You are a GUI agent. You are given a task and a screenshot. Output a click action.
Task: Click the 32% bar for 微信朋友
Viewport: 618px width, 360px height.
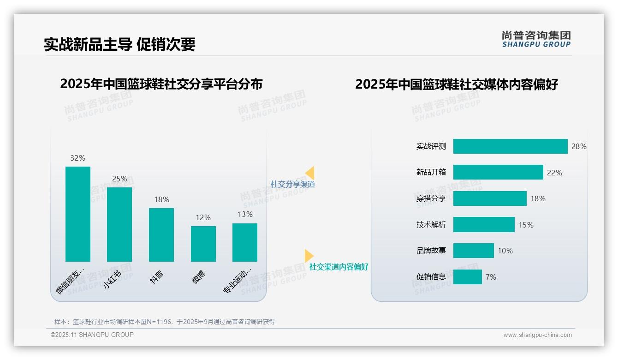(x=78, y=214)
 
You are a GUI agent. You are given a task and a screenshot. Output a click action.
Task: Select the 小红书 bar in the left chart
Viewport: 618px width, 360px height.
(x=119, y=224)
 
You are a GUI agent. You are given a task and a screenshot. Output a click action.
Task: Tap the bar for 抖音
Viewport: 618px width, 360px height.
(x=161, y=235)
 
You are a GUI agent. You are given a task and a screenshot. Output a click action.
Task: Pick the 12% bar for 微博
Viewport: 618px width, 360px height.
(x=203, y=244)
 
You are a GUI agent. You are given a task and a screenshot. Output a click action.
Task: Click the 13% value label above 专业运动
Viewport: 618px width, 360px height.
(x=245, y=214)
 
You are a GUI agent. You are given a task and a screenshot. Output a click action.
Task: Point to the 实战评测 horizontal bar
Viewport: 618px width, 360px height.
(x=510, y=146)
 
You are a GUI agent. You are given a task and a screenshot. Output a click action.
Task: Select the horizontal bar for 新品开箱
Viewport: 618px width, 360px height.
(x=498, y=173)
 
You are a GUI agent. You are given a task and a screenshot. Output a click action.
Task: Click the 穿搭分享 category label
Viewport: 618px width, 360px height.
(x=431, y=198)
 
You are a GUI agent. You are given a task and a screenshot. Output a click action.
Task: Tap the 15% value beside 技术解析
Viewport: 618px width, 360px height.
(x=526, y=225)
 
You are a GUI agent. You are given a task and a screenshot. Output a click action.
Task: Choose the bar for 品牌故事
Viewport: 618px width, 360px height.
(x=474, y=251)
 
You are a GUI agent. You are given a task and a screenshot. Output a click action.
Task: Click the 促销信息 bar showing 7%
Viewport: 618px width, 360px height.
(x=468, y=277)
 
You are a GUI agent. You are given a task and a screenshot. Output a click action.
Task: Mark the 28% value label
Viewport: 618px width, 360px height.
(x=579, y=146)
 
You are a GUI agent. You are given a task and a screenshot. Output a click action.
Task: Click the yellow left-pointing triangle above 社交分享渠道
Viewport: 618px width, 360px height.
(x=310, y=173)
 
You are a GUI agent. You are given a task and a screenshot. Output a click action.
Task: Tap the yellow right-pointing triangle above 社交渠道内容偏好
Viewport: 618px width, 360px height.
(x=309, y=256)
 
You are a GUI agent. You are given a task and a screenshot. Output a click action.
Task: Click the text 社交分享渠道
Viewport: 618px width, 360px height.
(x=292, y=184)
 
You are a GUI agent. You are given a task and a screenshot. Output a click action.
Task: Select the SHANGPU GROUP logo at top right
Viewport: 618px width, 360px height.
(x=536, y=39)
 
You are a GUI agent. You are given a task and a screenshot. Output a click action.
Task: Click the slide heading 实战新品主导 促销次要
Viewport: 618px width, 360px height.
(x=119, y=44)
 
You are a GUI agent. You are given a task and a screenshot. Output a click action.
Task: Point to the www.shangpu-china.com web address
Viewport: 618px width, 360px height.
(x=537, y=335)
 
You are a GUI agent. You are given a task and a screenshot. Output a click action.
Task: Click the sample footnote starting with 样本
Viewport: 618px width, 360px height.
(x=165, y=322)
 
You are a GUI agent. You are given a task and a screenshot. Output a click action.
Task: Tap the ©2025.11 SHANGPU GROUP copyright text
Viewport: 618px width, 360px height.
(x=92, y=335)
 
